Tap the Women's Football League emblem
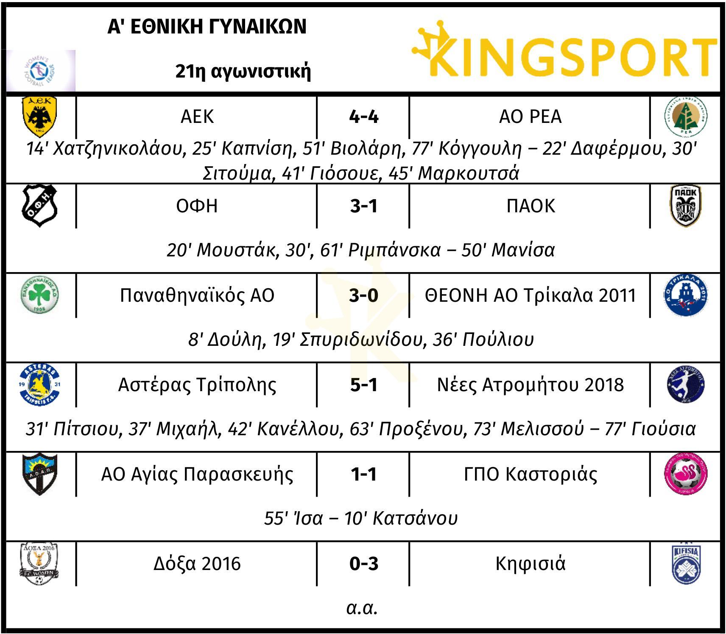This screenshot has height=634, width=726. click(41, 70)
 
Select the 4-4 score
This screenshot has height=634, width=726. click(364, 117)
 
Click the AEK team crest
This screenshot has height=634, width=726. click(40, 117)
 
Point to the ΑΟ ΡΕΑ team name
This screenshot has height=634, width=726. click(530, 117)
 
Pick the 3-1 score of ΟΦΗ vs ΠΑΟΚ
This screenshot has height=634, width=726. click(364, 206)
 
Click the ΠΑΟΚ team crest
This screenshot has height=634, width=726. click(686, 206)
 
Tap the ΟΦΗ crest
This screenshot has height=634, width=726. click(40, 206)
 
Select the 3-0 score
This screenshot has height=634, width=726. click(364, 295)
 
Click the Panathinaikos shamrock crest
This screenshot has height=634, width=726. click(40, 295)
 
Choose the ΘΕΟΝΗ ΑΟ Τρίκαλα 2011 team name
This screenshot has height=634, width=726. click(531, 295)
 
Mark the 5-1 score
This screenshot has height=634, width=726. click(364, 385)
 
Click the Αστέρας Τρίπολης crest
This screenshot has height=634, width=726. click(40, 385)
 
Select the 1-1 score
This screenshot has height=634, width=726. click(364, 474)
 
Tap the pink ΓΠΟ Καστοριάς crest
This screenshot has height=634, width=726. click(686, 474)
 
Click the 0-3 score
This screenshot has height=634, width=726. click(364, 564)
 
